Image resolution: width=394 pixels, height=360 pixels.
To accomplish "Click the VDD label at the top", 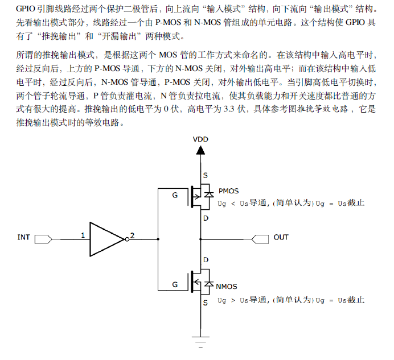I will pyautogui.click(x=200, y=139).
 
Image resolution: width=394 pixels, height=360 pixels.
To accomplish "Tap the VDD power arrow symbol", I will pyautogui.click(x=200, y=150).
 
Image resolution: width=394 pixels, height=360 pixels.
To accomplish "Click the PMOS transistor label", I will pyautogui.click(x=228, y=191).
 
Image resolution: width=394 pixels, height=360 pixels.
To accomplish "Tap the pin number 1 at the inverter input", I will pyautogui.click(x=83, y=235).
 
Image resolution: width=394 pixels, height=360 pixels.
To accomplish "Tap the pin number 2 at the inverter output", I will pyautogui.click(x=133, y=235).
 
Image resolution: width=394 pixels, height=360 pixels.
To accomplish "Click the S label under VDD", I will pyautogui.click(x=206, y=175).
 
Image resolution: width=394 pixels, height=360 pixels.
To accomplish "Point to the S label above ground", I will pyautogui.click(x=206, y=303).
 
